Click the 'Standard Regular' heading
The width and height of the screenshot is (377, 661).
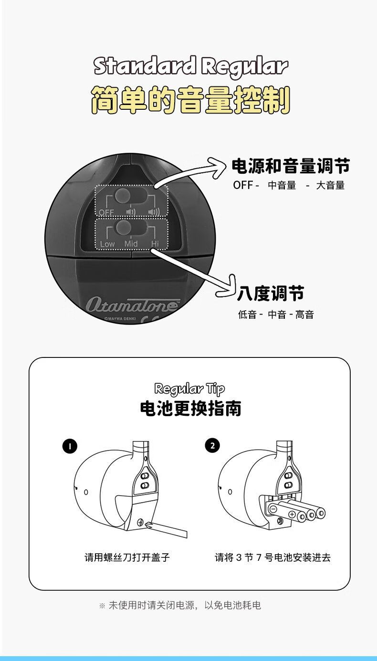click(x=190, y=66)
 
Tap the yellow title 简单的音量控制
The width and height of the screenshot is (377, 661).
click(x=190, y=100)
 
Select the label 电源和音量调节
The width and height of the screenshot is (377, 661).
click(x=291, y=166)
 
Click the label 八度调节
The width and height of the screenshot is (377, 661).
click(x=271, y=293)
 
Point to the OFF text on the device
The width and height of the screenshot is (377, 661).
click(x=106, y=212)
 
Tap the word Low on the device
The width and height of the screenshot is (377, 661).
click(x=107, y=244)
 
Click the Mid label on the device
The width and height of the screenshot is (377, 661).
click(x=131, y=243)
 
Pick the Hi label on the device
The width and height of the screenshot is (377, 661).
click(x=155, y=243)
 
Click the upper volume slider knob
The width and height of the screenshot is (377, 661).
click(x=123, y=195)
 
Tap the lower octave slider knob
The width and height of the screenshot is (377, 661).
click(x=124, y=227)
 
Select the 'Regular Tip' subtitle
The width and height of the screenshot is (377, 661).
click(x=189, y=389)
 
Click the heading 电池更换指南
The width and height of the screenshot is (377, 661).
click(x=190, y=409)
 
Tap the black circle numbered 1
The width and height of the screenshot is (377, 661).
click(x=70, y=446)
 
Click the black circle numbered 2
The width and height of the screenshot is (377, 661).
click(x=213, y=446)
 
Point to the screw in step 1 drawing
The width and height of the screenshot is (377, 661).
click(x=140, y=523)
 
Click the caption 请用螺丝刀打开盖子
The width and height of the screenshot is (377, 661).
click(x=127, y=557)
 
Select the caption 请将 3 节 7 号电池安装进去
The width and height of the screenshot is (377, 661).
click(x=272, y=557)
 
